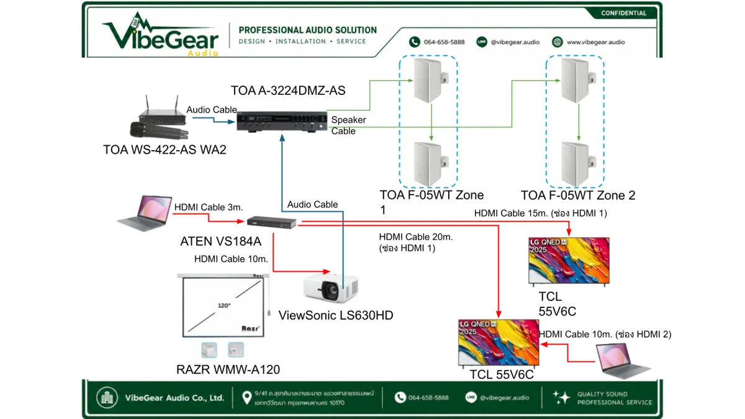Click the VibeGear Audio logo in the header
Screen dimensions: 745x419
point(160,34)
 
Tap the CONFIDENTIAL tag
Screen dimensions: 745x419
point(623,13)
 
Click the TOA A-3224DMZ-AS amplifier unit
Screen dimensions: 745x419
point(282,122)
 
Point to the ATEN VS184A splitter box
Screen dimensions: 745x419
point(272,222)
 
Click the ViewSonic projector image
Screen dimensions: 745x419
point(331,288)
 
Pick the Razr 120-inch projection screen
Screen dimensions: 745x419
point(223,305)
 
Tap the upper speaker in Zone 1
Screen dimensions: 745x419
point(431,80)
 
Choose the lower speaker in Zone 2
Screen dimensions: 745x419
point(578,163)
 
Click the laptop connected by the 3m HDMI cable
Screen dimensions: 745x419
point(145,213)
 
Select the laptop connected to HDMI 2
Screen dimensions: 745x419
point(622,361)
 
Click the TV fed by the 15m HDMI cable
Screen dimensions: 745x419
point(569,261)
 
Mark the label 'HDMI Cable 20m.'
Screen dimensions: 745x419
point(416,237)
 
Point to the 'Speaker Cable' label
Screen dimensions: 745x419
point(348,125)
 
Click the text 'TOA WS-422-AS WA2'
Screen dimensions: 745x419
point(165,150)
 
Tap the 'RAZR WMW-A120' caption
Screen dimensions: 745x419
point(228,369)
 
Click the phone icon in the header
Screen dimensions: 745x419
point(415,42)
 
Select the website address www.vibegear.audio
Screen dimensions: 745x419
point(595,42)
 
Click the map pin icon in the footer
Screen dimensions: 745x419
point(246,397)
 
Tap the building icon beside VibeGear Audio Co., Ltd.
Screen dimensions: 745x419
point(107,397)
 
